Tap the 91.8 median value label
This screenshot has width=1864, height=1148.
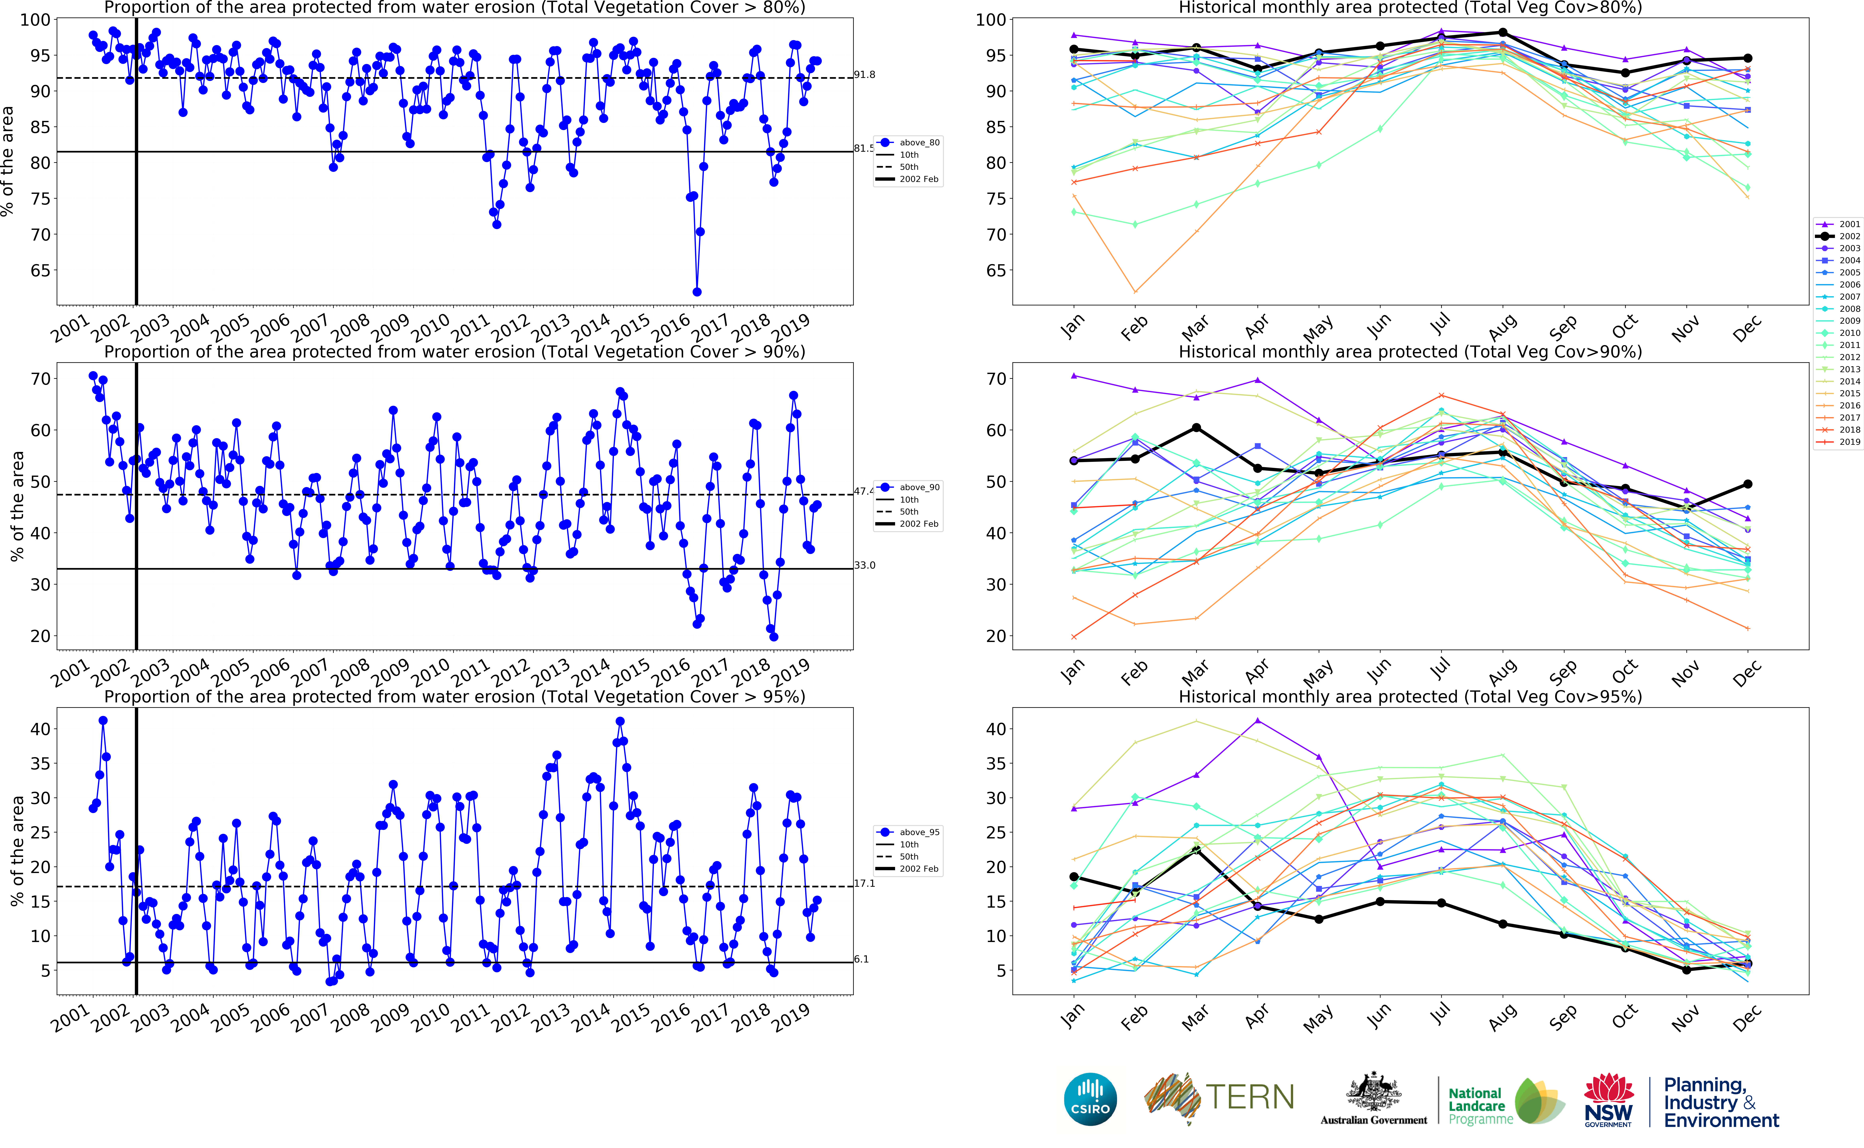[x=864, y=74]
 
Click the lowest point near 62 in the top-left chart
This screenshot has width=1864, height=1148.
[x=697, y=291]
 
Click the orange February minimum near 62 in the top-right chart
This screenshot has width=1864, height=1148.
[x=1135, y=291]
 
